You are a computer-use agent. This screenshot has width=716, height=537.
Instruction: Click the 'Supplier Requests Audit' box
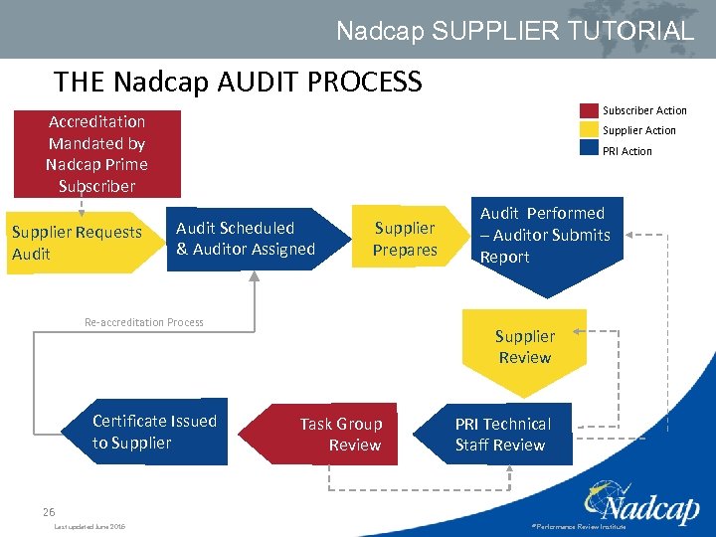(x=78, y=244)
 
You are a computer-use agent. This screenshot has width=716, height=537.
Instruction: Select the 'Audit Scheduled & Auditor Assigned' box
(x=246, y=240)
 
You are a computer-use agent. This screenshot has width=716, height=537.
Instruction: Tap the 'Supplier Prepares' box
(x=405, y=240)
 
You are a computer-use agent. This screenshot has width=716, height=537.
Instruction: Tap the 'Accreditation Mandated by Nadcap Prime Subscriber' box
(x=97, y=153)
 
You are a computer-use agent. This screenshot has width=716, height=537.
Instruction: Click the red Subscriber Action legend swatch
(x=589, y=110)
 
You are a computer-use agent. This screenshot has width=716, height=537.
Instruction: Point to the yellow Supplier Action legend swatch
(x=589, y=130)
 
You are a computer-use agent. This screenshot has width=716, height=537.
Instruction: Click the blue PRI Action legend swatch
(x=589, y=151)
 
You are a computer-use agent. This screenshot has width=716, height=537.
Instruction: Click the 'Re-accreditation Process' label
(x=144, y=322)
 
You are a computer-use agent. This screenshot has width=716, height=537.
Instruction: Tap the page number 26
(x=49, y=511)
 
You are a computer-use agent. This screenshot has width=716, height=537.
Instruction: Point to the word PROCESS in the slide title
(x=369, y=81)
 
